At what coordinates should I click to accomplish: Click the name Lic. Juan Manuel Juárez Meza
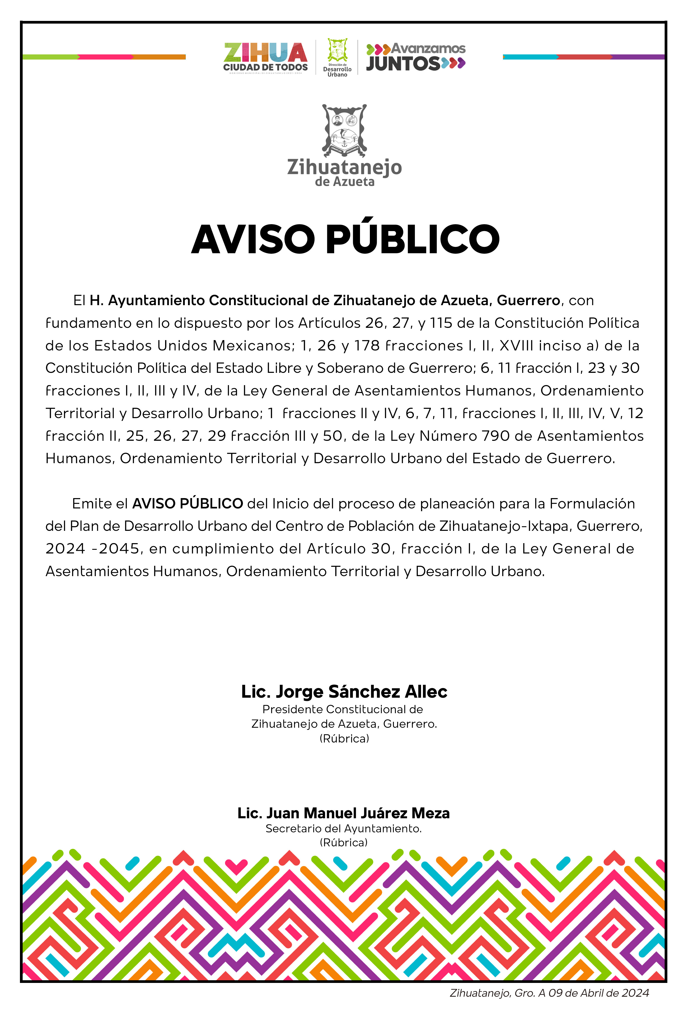pyautogui.click(x=344, y=813)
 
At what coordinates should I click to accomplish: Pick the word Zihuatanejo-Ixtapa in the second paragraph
pyautogui.click(x=505, y=526)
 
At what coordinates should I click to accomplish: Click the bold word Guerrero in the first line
pyautogui.click(x=528, y=300)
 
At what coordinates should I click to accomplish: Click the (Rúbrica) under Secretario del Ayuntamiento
pyautogui.click(x=344, y=843)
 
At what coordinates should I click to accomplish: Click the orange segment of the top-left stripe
pyautogui.click(x=159, y=57)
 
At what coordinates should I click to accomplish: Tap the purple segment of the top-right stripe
pyautogui.click(x=638, y=57)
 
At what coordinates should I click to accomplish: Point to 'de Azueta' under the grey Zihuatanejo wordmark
pyautogui.click(x=345, y=182)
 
